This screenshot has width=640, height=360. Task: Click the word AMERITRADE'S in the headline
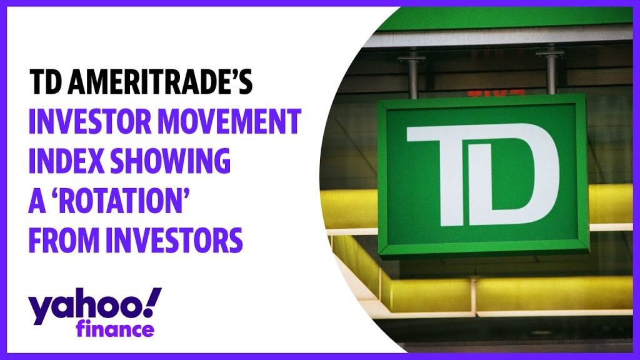tap(159, 82)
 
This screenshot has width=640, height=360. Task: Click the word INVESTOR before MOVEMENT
tap(89, 122)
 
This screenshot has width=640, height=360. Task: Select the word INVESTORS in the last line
tap(174, 239)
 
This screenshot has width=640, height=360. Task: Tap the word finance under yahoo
tap(115, 327)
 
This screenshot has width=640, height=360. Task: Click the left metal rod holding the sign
tap(412, 75)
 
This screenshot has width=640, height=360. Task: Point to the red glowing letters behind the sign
tap(496, 93)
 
